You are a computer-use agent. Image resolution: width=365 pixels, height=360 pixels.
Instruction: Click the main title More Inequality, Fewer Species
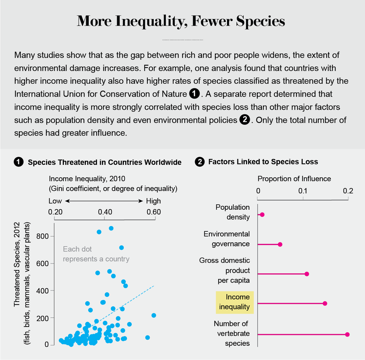coord(181,21)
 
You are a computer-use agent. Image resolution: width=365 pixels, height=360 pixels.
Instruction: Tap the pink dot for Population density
coord(262,215)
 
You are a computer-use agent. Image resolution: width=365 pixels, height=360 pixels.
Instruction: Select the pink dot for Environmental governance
coord(280,244)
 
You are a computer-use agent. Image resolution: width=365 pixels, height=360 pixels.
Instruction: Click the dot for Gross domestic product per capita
coord(307,274)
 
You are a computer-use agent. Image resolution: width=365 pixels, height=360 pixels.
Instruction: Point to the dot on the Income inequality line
coord(325,303)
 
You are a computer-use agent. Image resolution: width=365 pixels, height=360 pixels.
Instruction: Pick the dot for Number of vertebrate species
coord(347,334)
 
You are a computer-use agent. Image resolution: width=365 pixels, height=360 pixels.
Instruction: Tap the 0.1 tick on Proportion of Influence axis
coord(303,191)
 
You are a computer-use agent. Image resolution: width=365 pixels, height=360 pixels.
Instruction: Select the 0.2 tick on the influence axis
coord(348,191)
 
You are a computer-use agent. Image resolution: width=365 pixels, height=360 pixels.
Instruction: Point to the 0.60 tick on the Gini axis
coord(154,212)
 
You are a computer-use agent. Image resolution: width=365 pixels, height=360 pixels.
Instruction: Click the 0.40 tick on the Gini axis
coord(105,212)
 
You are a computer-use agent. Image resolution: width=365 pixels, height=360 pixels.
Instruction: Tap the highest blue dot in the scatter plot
coord(111,228)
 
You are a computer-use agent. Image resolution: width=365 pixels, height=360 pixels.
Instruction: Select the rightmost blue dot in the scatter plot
coord(154,315)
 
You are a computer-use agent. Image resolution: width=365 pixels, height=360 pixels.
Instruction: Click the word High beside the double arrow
coord(153,201)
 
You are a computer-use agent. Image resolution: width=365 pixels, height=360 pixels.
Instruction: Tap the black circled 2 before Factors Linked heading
coord(200,162)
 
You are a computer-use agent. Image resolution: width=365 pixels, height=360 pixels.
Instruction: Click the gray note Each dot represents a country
coord(96,254)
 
